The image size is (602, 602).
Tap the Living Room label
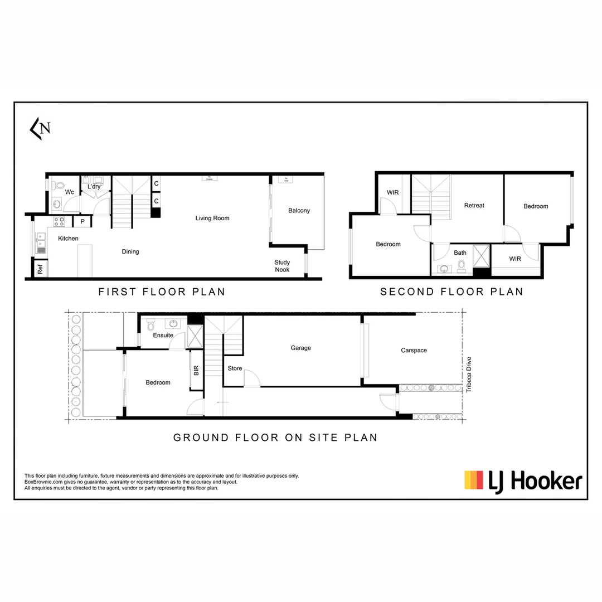212,218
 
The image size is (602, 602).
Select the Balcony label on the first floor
299,211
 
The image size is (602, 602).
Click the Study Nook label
282,266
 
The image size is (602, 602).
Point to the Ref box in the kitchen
40,269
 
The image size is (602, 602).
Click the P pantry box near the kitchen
82,222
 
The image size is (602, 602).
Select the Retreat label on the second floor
474,205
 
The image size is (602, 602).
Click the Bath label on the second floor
460,253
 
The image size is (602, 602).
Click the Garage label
300,348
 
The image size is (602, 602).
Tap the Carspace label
414,351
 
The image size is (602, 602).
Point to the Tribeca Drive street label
469,375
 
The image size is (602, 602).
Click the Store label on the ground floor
235,368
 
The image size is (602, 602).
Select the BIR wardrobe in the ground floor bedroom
196,370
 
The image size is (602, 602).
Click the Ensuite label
163,335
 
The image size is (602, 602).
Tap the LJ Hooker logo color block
474,480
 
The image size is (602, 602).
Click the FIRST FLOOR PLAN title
162,292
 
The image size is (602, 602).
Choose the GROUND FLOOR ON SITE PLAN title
275,438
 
